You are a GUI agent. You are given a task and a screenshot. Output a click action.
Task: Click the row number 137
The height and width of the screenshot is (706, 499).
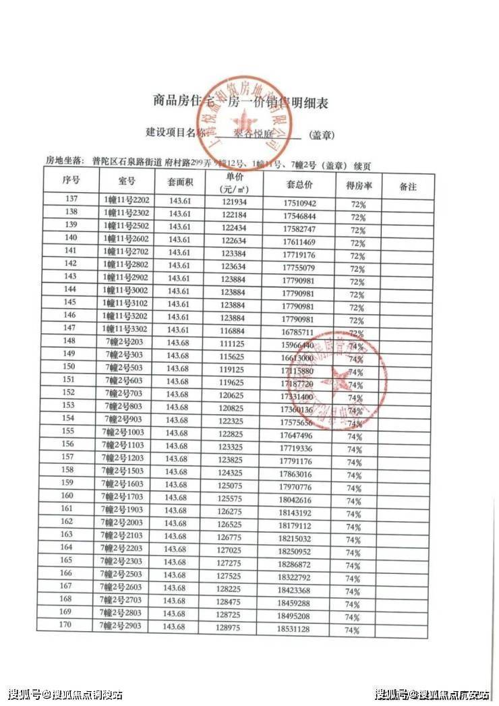pyautogui.click(x=71, y=200)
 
